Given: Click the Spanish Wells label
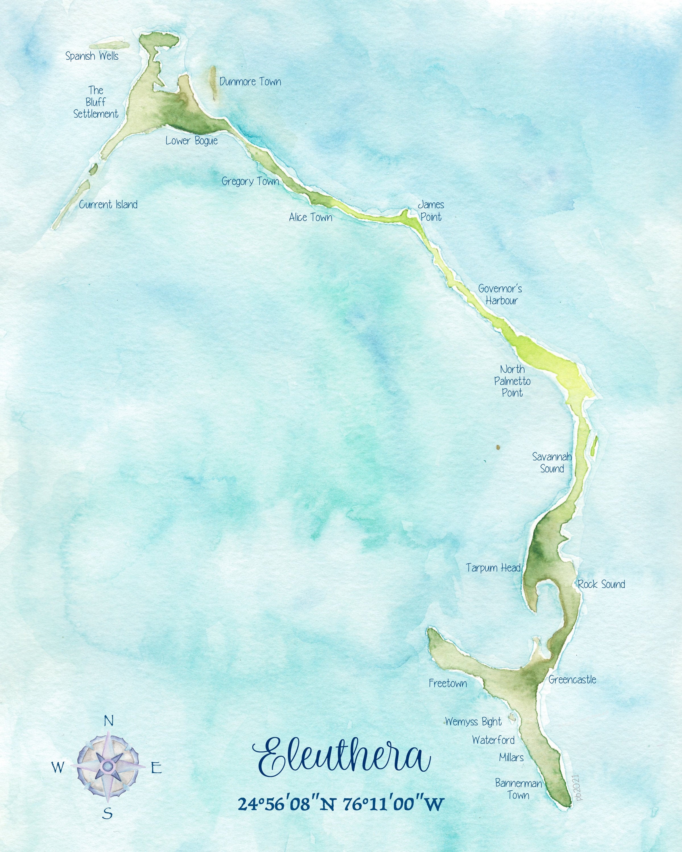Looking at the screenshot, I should (x=92, y=56).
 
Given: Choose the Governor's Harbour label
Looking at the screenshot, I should (x=500, y=295).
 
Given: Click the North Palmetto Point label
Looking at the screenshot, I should (x=512, y=381).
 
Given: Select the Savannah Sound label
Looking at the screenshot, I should (x=552, y=463).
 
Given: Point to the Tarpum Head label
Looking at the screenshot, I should (x=493, y=568).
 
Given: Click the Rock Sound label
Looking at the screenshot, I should (x=601, y=584).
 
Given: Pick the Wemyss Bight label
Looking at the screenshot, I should (x=473, y=722).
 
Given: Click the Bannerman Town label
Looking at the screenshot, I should (x=518, y=789).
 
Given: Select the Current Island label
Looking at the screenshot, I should (x=108, y=205).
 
